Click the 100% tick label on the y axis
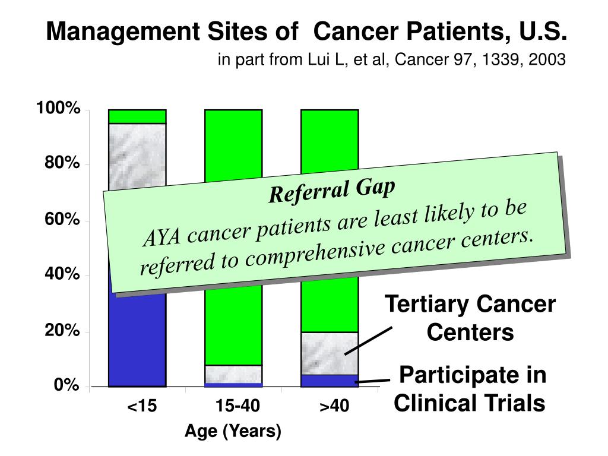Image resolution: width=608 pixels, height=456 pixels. (x=58, y=109)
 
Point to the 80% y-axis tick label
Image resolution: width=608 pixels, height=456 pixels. (x=62, y=164)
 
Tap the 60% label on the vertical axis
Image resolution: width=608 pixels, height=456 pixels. (x=62, y=220)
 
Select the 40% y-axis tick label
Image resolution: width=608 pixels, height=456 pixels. (x=62, y=275)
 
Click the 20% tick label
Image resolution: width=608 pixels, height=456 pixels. (x=62, y=331)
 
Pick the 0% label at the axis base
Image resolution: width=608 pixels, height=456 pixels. (x=65, y=387)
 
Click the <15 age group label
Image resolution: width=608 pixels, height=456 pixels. (x=142, y=407)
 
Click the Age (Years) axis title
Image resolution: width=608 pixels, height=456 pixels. (x=233, y=432)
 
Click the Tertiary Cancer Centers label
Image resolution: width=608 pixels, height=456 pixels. (x=470, y=318)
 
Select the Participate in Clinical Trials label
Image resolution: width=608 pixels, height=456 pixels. (x=470, y=389)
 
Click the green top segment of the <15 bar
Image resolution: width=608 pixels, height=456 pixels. (x=137, y=116)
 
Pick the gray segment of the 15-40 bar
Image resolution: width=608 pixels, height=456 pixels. (x=233, y=374)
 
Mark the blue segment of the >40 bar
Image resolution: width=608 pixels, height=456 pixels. (x=330, y=381)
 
